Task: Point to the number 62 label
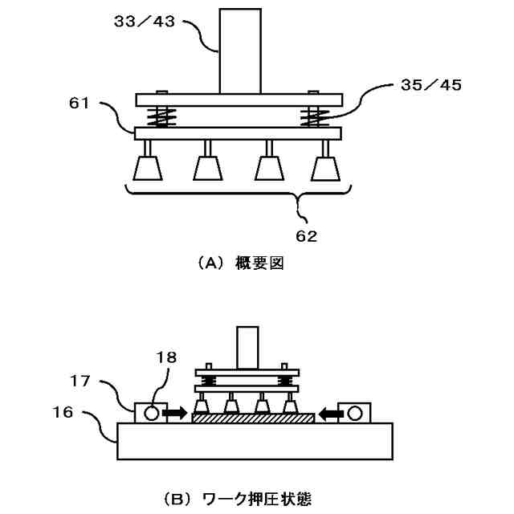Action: [x=307, y=236]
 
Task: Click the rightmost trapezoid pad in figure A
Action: [x=325, y=168]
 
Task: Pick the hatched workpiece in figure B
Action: [x=251, y=418]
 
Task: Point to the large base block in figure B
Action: [x=255, y=441]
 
